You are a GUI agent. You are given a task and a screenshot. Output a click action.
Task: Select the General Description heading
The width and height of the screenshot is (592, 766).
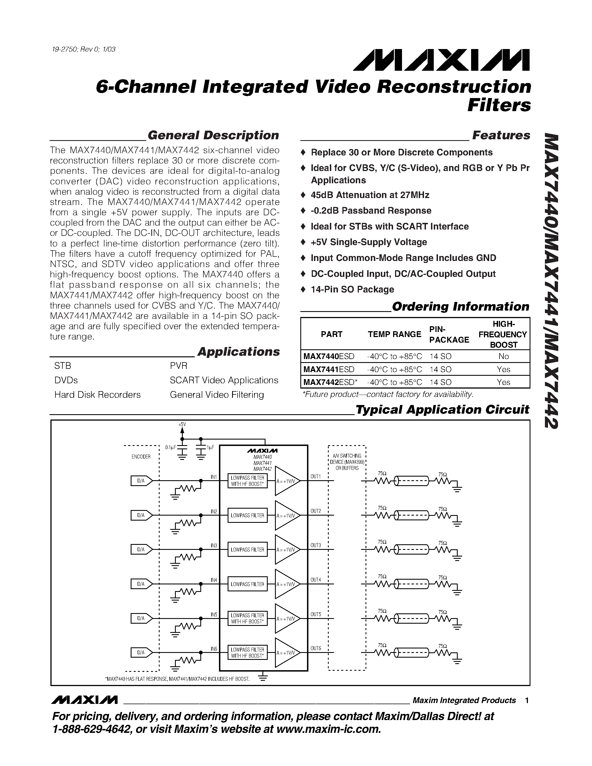click(x=213, y=135)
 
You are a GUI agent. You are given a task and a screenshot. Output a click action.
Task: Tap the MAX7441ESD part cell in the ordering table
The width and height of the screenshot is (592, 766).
click(x=329, y=369)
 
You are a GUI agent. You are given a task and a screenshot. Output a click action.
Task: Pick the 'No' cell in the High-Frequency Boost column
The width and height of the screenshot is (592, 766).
click(x=503, y=356)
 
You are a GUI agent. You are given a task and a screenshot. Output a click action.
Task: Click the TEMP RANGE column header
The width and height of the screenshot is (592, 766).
click(x=394, y=334)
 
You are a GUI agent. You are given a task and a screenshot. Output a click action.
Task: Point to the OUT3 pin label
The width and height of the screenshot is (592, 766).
click(x=316, y=545)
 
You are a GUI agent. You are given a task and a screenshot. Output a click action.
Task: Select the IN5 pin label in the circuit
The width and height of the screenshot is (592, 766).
click(x=214, y=614)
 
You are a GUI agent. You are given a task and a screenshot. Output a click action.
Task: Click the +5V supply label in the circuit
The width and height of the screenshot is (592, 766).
click(x=182, y=425)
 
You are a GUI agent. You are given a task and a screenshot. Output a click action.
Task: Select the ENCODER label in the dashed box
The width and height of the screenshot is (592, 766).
click(x=141, y=457)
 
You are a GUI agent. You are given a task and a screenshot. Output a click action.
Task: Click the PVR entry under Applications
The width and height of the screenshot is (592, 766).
click(x=179, y=366)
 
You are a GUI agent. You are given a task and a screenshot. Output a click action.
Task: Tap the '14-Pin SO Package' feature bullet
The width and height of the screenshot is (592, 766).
click(x=352, y=289)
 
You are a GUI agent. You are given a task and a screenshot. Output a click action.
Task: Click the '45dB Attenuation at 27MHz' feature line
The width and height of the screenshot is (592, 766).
click(x=370, y=195)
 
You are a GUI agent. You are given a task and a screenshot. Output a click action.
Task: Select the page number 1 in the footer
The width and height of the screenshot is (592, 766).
click(x=527, y=701)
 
